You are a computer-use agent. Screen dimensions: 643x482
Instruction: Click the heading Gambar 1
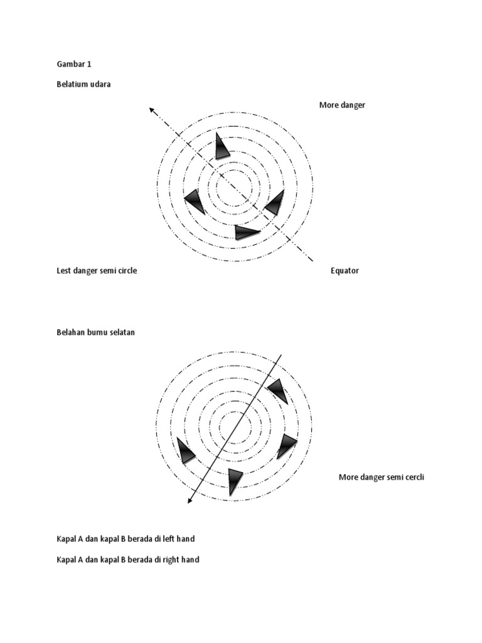[x=74, y=64]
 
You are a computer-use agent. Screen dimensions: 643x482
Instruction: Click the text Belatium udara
[x=83, y=84]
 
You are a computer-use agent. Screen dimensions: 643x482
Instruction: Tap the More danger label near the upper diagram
[x=342, y=105]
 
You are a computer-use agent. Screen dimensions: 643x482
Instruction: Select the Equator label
[x=345, y=271]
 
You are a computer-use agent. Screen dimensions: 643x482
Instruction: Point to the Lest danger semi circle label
[x=97, y=271]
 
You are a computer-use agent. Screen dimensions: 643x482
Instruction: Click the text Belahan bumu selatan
[x=95, y=332]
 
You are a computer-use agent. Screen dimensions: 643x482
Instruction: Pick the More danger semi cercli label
[x=382, y=477]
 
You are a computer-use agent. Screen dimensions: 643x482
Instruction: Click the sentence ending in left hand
[x=130, y=539]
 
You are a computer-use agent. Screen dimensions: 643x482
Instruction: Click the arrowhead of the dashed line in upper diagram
[x=152, y=110]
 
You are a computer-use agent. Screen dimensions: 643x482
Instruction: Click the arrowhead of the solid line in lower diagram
[x=190, y=500]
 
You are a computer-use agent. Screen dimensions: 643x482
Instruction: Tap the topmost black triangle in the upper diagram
[x=221, y=146]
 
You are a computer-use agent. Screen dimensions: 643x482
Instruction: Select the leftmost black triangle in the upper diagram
[x=195, y=202]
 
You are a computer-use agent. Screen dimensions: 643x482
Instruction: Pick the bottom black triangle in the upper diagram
[x=246, y=232]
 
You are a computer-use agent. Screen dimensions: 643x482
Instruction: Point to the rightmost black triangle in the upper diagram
[x=275, y=203]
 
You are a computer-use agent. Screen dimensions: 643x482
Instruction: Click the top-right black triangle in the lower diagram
[x=278, y=390]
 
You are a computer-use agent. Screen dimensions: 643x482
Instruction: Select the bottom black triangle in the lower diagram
[x=235, y=480]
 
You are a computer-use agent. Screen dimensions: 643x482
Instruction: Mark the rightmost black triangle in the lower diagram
[x=287, y=445]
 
